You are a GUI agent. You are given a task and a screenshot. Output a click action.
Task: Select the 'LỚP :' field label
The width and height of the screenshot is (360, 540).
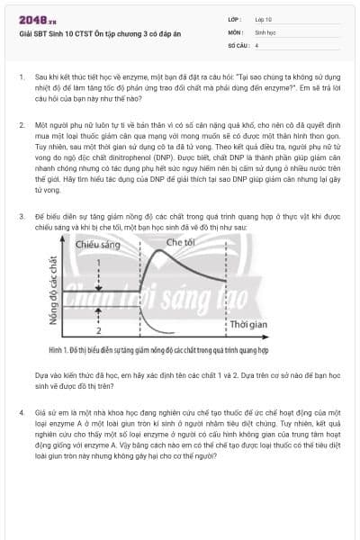pos(236,19)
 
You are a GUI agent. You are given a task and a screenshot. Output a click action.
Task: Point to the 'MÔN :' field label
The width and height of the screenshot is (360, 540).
pos(236,31)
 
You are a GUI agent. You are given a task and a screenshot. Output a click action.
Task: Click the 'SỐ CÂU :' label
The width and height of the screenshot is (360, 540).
pos(238,43)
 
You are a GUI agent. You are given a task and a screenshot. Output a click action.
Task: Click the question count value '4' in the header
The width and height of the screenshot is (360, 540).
pos(256,43)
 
